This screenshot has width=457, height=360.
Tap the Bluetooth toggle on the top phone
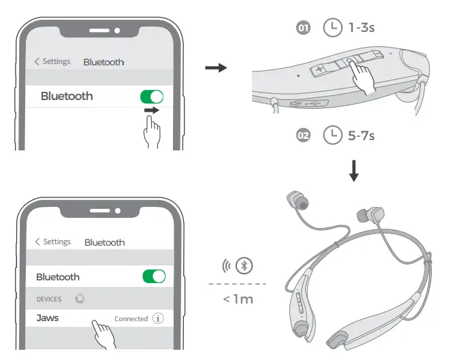(x=152, y=97)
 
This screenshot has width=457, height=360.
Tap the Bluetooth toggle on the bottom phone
(x=153, y=276)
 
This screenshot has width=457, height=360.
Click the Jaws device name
(x=48, y=318)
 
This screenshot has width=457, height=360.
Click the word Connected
(x=131, y=318)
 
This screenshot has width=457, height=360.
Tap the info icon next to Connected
(x=159, y=318)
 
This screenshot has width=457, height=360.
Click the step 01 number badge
(x=304, y=29)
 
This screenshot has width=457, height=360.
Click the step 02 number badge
(x=304, y=135)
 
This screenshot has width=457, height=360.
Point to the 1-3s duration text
(x=362, y=29)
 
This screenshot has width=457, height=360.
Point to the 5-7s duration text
(x=362, y=135)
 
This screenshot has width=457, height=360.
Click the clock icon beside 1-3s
(x=332, y=29)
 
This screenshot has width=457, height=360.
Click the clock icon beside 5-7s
(x=332, y=135)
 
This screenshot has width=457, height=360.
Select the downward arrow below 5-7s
(x=353, y=171)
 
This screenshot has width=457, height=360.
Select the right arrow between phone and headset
(x=215, y=68)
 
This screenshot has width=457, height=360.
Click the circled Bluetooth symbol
(x=244, y=265)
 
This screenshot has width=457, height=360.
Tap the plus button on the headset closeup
(x=319, y=69)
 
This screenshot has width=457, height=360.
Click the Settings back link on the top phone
(x=52, y=61)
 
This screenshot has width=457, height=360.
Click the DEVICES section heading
(x=49, y=299)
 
